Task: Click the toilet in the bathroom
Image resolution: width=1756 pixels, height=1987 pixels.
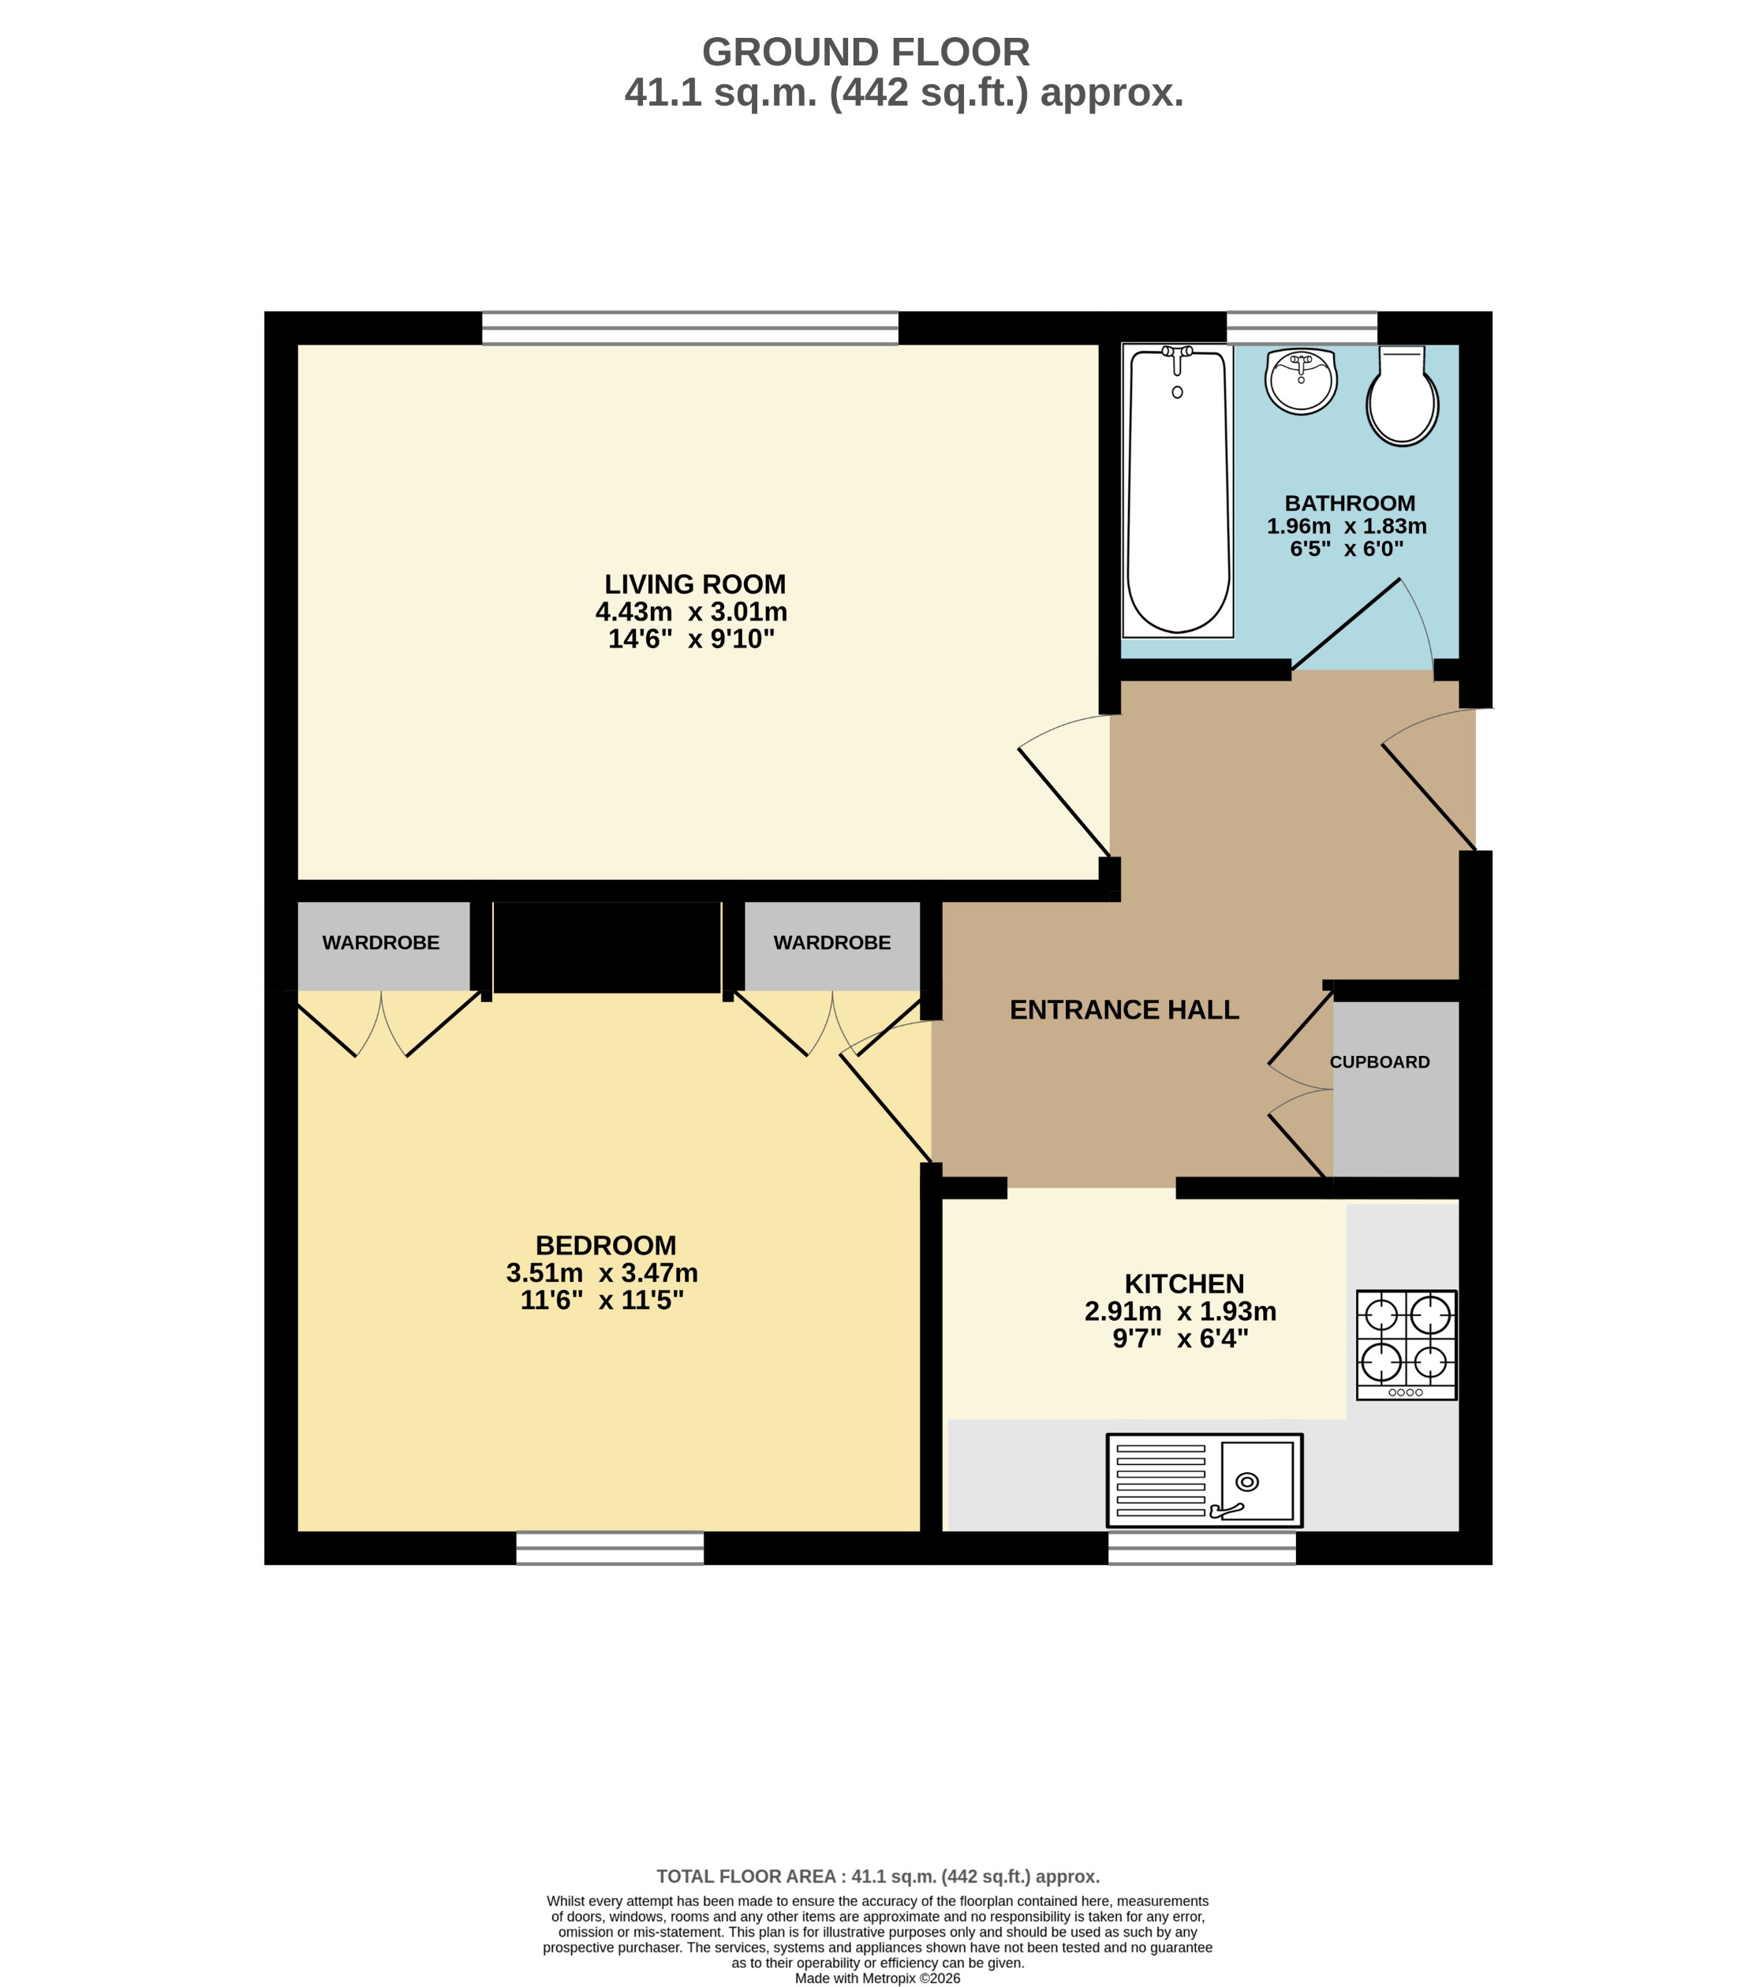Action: tap(1401, 397)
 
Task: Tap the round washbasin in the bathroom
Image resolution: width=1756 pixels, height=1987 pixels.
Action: tap(1301, 380)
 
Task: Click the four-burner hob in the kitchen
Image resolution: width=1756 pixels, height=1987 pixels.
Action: tap(1406, 1344)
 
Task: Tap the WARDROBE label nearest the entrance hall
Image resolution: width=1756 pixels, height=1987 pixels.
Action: tap(831, 943)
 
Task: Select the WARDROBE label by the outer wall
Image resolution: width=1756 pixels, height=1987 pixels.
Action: tap(380, 943)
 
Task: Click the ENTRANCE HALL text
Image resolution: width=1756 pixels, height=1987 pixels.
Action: tap(1124, 1010)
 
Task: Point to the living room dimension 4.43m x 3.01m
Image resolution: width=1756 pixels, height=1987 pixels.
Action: tap(690, 611)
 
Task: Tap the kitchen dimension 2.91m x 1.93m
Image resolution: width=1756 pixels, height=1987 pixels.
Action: tap(1179, 1311)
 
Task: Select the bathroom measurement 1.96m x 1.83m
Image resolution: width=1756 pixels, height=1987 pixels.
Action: tap(1346, 526)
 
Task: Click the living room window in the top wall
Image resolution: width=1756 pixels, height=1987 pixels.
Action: tap(689, 327)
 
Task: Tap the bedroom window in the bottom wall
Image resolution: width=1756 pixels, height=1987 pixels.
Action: tap(609, 1548)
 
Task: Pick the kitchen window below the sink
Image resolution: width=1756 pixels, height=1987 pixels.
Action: tap(1201, 1548)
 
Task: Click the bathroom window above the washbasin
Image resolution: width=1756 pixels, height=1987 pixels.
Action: tap(1301, 327)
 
